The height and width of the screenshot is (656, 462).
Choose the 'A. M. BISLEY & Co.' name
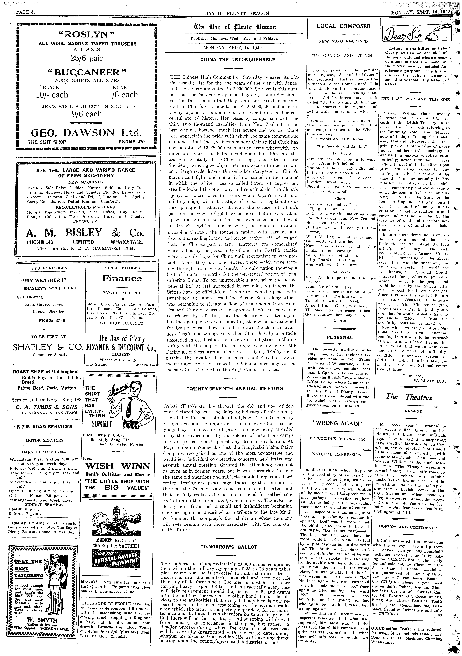[85, 233]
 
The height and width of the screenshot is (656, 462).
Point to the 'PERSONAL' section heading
[340, 337]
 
